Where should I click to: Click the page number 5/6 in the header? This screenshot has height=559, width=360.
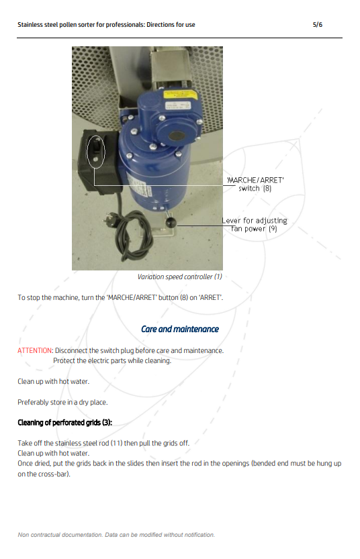(x=317, y=25)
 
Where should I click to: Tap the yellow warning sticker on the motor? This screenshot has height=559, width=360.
(x=180, y=95)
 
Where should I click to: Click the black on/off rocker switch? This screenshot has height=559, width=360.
(x=96, y=147)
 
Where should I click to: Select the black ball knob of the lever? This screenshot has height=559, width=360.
(x=171, y=223)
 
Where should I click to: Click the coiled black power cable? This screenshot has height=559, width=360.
(x=133, y=236)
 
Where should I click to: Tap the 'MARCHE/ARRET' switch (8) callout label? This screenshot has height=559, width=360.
(x=255, y=184)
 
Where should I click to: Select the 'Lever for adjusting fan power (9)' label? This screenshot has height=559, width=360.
(x=254, y=225)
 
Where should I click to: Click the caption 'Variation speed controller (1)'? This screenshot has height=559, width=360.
(x=180, y=276)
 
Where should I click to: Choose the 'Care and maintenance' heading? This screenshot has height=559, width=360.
(x=180, y=329)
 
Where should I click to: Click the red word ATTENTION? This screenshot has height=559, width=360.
(x=35, y=350)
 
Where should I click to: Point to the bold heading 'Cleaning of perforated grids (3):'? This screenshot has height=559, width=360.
(x=65, y=423)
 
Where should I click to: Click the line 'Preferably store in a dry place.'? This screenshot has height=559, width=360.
(x=62, y=402)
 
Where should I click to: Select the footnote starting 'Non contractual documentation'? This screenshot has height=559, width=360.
(x=116, y=535)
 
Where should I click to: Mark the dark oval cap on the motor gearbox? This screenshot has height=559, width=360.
(x=177, y=136)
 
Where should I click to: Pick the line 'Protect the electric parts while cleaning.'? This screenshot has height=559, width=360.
(x=112, y=360)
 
